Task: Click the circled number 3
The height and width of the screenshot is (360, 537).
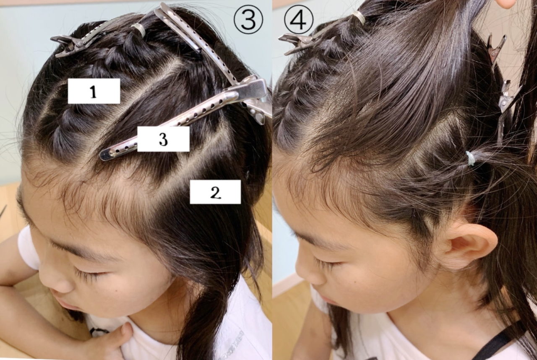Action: [248, 20]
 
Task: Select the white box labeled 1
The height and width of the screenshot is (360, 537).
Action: [94, 91]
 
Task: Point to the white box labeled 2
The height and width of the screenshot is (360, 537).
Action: [215, 192]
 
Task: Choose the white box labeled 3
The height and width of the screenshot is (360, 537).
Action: [163, 139]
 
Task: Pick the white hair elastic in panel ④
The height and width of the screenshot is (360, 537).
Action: [358, 17]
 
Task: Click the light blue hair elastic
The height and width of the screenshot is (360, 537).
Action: [469, 159]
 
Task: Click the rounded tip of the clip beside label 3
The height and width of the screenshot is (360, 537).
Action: [105, 155]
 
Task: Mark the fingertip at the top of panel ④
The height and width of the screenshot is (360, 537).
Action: [508, 4]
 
